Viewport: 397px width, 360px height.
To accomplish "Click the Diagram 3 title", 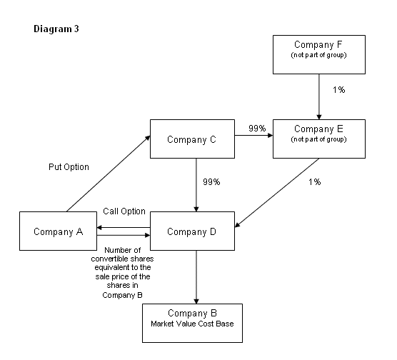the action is point(56,29).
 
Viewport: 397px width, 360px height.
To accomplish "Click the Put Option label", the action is point(69,167).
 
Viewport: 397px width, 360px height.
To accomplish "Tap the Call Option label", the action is point(124,211).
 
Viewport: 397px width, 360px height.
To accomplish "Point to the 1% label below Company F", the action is point(338,90).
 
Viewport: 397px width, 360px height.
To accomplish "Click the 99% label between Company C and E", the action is point(257,128).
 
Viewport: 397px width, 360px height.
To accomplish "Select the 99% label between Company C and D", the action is point(211,181).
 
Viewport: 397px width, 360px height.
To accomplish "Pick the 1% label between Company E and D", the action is point(314,181).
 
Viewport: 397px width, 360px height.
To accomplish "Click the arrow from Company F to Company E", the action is point(319,96).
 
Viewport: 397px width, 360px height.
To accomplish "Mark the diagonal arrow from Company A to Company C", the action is point(109,174).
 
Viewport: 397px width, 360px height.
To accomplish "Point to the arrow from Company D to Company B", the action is point(196,277).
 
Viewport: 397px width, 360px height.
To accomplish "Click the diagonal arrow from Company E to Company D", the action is point(277,193).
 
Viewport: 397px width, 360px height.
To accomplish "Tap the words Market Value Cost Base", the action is point(192,324).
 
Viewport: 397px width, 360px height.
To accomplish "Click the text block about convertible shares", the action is point(123,273).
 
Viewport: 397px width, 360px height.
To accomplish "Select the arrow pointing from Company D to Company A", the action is point(124,228).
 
